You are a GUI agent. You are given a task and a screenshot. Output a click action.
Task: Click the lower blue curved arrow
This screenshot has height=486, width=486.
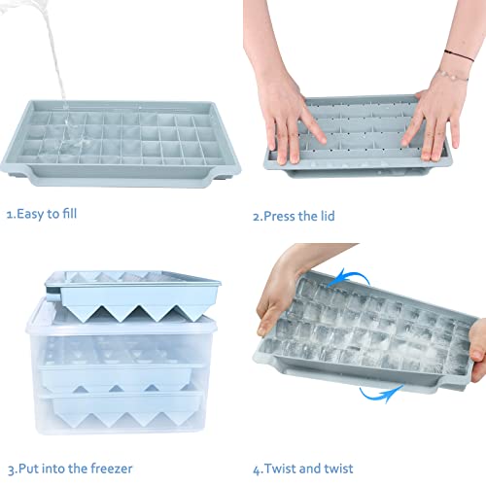point(381,392)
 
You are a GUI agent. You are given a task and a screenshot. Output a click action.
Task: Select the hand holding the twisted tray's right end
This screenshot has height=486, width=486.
point(476,350)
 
